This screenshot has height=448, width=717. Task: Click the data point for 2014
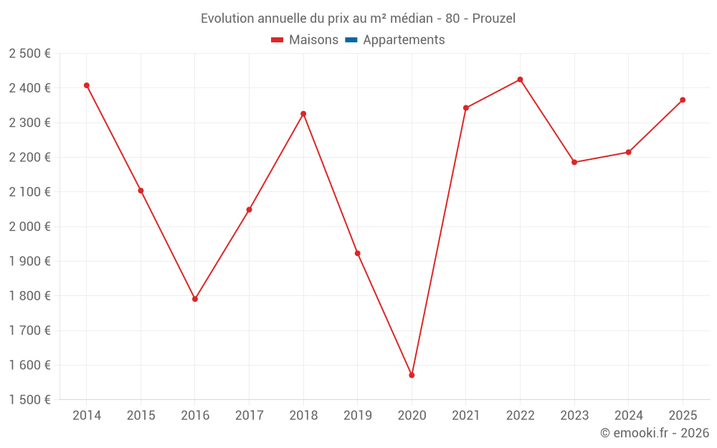(x=87, y=85)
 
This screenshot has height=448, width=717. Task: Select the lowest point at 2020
(x=412, y=375)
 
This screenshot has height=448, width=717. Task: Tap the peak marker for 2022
(x=520, y=80)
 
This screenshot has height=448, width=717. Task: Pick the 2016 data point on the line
(x=195, y=299)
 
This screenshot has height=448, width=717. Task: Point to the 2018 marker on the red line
(x=303, y=114)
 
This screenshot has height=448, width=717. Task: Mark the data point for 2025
(x=683, y=100)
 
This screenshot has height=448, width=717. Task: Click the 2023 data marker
(x=574, y=162)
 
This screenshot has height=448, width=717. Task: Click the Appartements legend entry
(x=404, y=40)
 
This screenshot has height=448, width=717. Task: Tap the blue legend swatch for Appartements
(x=351, y=40)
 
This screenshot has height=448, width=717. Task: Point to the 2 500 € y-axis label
(x=30, y=54)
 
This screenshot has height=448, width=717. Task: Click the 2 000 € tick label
(x=30, y=227)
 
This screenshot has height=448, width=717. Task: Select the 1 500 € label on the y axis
(x=30, y=400)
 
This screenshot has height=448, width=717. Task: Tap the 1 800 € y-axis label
(x=30, y=296)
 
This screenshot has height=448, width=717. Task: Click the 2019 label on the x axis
(x=357, y=415)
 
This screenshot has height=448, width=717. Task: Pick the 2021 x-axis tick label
(x=465, y=415)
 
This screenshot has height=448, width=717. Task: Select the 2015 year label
(x=141, y=415)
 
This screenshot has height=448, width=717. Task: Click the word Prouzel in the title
(x=494, y=18)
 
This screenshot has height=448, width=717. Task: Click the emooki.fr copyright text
(x=655, y=433)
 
